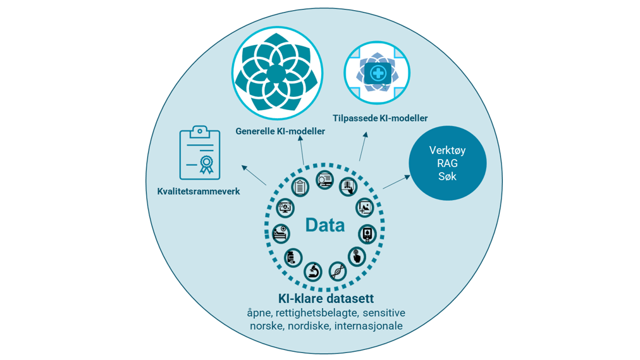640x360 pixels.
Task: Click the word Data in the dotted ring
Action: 324,225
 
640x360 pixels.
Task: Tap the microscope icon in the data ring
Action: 313,271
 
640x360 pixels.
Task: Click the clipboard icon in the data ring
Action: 300,187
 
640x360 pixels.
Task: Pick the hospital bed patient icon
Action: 281,233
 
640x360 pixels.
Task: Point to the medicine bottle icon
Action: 293,258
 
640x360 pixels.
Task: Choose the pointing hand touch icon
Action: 357,256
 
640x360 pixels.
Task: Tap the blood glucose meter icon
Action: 367,233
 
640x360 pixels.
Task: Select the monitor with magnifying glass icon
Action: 325,180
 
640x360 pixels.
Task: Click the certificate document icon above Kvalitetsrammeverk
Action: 200,153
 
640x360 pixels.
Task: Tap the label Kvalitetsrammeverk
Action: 199,191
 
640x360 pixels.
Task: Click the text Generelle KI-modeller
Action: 280,132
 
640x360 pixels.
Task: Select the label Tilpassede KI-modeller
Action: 380,118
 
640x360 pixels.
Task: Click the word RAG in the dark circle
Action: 447,163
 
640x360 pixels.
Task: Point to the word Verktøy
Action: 447,151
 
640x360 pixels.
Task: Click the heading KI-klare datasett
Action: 326,299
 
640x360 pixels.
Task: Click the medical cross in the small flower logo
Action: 378,73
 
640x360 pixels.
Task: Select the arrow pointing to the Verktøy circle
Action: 397,182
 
